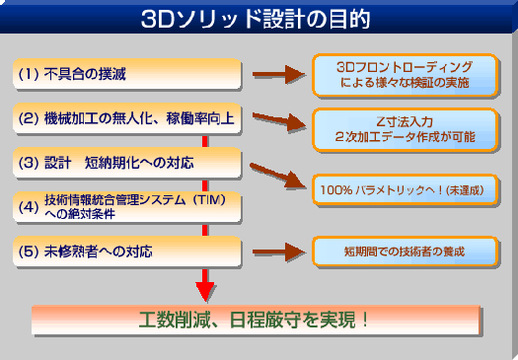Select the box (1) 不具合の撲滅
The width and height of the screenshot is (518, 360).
click(128, 75)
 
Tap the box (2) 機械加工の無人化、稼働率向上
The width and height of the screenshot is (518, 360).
click(128, 118)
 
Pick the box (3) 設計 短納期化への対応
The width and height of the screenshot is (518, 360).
click(128, 162)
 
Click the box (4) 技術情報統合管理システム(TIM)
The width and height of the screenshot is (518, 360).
click(128, 206)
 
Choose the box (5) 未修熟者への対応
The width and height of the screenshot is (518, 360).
click(128, 251)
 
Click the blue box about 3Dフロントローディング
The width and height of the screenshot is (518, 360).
click(404, 75)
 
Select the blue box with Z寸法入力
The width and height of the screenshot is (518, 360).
click(404, 127)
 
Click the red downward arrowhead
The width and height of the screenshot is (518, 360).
click(204, 290)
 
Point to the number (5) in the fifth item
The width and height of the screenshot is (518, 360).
click(29, 251)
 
